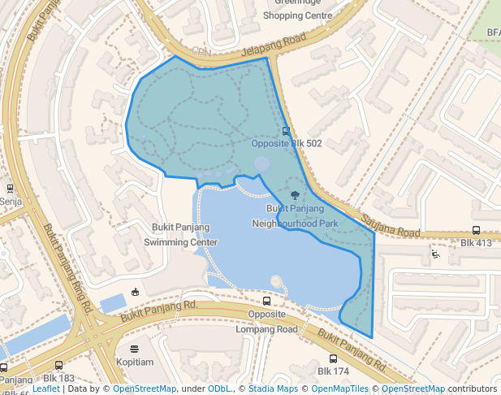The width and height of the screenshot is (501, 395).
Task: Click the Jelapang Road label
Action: click(x=271, y=43)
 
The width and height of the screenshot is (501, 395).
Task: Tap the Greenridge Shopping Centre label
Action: click(x=298, y=10)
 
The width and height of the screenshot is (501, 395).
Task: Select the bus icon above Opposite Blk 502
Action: click(x=285, y=131)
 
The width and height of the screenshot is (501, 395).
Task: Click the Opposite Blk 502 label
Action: click(x=287, y=144)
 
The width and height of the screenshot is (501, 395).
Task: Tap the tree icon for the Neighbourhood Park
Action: click(x=294, y=195)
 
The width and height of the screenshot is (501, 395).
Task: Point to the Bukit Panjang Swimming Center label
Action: click(x=181, y=235)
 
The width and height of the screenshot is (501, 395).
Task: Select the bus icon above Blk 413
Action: click(x=477, y=230)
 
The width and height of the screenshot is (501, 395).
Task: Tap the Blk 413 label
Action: click(x=477, y=243)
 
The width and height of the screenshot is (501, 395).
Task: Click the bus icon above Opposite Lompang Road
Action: click(x=267, y=302)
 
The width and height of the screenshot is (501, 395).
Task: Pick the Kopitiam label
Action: click(x=134, y=362)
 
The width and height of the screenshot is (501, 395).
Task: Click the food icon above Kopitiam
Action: click(x=134, y=349)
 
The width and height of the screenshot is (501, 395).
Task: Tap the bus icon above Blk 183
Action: click(x=58, y=366)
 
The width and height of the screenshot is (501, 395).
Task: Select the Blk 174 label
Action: click(x=333, y=371)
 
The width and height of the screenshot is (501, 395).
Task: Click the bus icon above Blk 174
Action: click(x=333, y=358)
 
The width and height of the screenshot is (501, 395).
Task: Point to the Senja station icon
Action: click(x=10, y=189)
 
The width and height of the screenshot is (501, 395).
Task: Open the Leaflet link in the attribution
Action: click(x=45, y=389)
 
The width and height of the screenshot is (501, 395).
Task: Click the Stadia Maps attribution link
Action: click(x=273, y=389)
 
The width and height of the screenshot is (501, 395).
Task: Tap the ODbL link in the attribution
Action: click(x=220, y=389)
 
